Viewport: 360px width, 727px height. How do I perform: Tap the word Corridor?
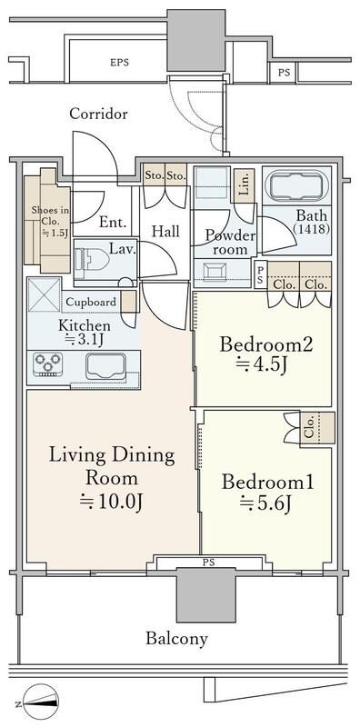click(98, 115)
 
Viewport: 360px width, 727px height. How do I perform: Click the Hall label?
click(165, 232)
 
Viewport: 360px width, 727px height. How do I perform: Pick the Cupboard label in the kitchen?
click(90, 303)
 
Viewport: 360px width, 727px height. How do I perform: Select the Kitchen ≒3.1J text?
click(85, 333)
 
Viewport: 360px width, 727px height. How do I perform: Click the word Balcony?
click(176, 638)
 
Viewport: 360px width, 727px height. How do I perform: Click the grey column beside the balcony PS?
click(202, 598)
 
